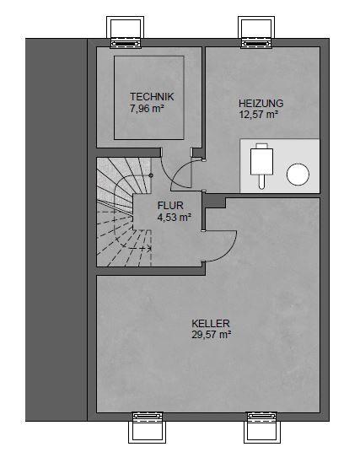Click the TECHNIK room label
click(152, 97)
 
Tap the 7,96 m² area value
click(147, 108)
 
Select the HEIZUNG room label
click(261, 104)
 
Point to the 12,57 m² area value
click(259, 115)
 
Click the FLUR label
click(170, 206)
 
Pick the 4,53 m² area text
click(175, 218)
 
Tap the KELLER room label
click(211, 323)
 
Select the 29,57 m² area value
click(212, 335)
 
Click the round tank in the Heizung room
click(298, 175)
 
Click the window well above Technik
click(125, 32)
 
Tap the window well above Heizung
click(256, 32)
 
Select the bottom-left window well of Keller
click(147, 428)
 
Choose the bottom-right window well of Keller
click(261, 428)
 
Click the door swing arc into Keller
click(229, 251)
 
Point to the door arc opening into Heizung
click(177, 170)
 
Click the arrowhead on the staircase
click(149, 248)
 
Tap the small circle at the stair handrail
click(151, 175)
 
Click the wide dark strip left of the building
click(56, 229)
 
